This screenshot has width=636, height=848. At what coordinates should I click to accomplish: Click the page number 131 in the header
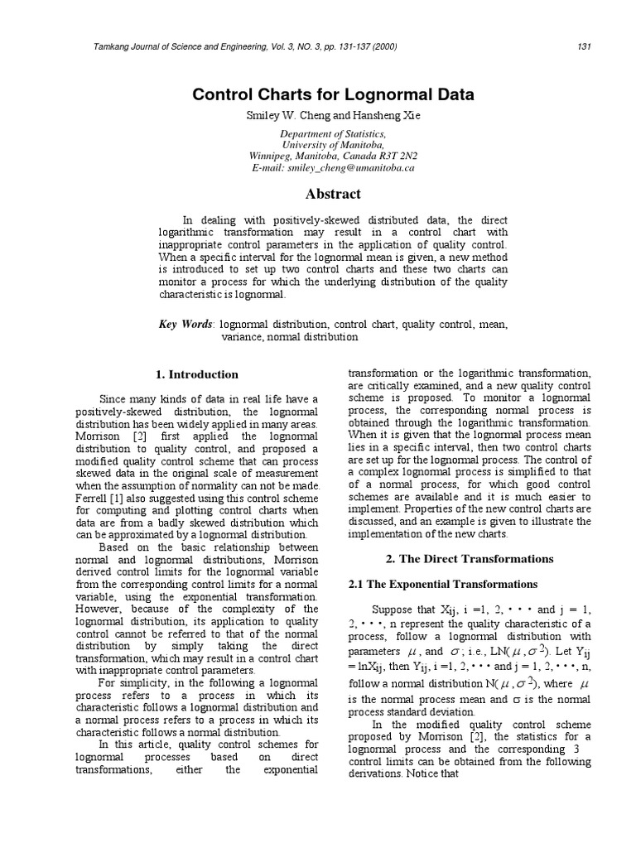coord(584,46)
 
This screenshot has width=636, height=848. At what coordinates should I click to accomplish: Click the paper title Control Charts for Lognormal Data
coord(333,94)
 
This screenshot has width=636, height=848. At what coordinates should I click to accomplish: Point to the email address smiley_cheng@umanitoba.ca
coord(350,167)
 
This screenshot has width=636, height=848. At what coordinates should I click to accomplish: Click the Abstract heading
coord(333,194)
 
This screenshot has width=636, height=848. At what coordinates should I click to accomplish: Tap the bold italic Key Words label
coord(185,324)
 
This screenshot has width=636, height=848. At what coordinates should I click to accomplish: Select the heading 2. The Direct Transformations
coord(470,558)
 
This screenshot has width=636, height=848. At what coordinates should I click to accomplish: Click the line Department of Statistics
coord(333,132)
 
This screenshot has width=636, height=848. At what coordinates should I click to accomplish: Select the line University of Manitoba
coord(333,144)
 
